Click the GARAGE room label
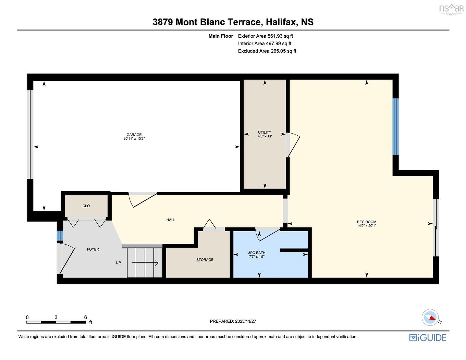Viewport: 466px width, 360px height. pos(134,135)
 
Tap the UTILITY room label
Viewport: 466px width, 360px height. pos(265,133)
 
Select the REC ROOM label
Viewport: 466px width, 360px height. pos(366,222)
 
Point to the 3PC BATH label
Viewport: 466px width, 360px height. pos(257,253)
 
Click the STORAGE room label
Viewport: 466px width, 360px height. pos(205,260)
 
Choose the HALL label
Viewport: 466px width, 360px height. pos(171,220)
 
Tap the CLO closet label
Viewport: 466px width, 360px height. pos(86,206)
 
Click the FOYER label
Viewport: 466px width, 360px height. pos(93,249)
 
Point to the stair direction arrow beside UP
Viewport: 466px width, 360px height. pos(145,263)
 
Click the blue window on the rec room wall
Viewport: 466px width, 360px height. pos(396,127)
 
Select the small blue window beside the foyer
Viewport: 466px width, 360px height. pos(60,236)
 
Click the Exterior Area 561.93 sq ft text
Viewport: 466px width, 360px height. pos(266,36)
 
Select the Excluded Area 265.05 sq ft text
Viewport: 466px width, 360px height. pos(267,51)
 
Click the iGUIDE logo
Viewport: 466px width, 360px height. pos(428,338)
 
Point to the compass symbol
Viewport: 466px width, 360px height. pos(430,318)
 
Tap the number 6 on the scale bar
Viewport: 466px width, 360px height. pos(86,318)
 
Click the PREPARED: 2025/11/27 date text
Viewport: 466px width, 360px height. pos(233,321)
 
